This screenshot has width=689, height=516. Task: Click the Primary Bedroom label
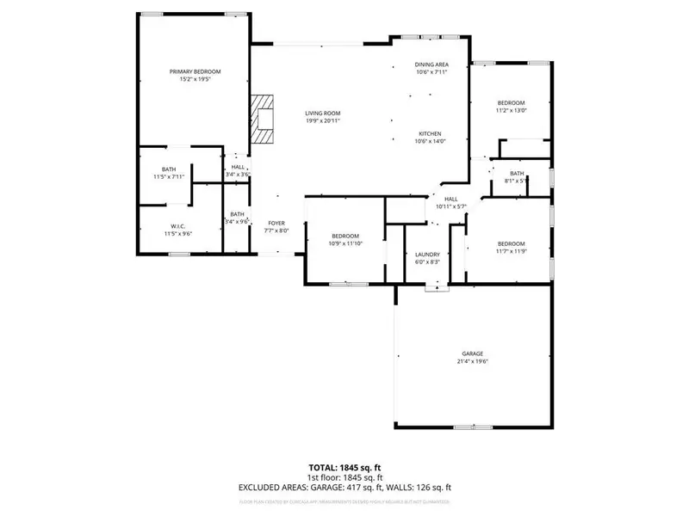[x=195, y=71]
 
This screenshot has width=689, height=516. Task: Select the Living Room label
[x=323, y=114]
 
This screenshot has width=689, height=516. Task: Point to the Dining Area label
[x=431, y=65]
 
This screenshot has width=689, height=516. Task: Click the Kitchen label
[x=431, y=134]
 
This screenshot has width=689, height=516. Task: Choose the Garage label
[x=472, y=354]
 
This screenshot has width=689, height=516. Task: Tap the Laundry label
[x=428, y=255]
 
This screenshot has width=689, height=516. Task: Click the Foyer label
[x=276, y=223]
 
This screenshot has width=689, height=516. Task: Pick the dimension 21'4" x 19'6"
[x=472, y=362]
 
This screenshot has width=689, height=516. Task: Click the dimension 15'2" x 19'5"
[x=195, y=79]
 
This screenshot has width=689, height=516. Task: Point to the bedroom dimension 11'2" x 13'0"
[x=510, y=110]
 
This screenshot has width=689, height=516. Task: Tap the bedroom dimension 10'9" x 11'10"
[x=346, y=244]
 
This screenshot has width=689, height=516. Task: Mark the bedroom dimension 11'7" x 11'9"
[x=511, y=251]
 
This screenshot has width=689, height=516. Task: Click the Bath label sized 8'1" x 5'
[x=516, y=174]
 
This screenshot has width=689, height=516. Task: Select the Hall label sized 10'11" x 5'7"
[x=450, y=199]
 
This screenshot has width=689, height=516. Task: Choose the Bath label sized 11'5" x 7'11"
[x=169, y=169]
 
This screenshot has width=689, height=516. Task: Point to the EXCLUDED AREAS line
[x=344, y=488]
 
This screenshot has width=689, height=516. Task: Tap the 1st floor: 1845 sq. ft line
[x=344, y=478]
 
